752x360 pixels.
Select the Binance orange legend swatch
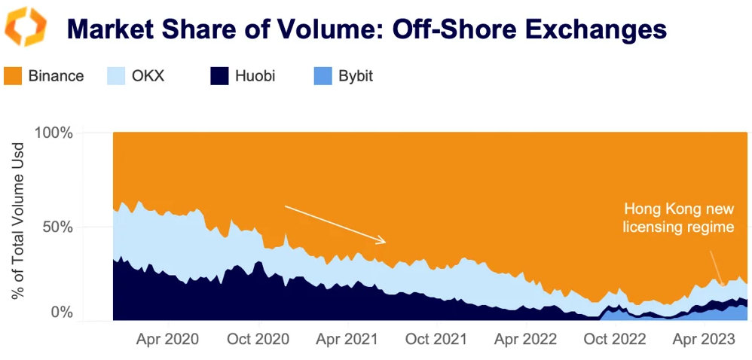point(14,76)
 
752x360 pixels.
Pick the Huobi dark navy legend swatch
point(219,76)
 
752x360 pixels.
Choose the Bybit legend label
point(356,76)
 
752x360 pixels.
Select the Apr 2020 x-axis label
point(167,339)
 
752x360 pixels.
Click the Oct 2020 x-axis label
point(258,339)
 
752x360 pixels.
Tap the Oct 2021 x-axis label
point(437,339)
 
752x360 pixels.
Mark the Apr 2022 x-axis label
point(526,339)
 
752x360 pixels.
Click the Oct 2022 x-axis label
point(616,339)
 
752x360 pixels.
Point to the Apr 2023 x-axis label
point(704,339)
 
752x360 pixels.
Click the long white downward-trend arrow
point(335,224)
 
